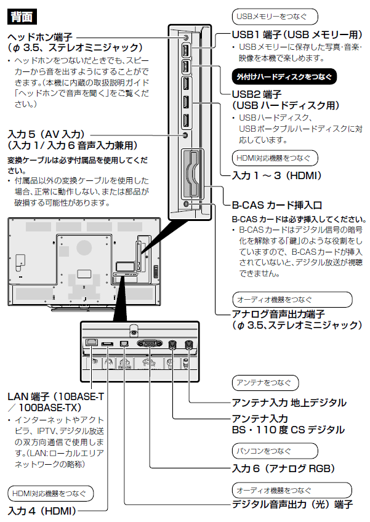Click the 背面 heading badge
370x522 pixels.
tap(22, 14)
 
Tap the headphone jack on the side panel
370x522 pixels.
tap(187, 38)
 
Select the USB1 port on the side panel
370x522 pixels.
tap(187, 51)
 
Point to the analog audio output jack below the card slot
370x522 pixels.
tap(187, 204)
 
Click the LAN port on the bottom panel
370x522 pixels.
tap(92, 342)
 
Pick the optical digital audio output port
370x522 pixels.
tap(124, 342)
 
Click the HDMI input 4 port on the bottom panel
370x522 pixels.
tap(107, 342)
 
